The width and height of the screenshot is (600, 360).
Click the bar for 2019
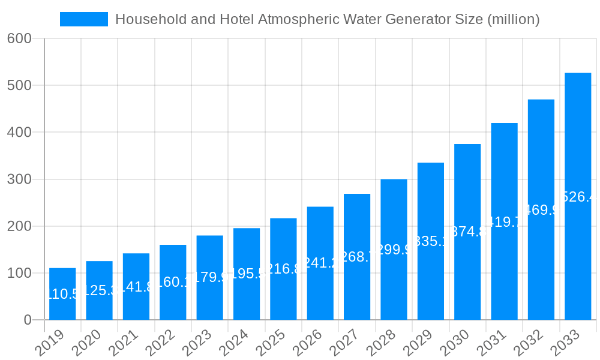(x=62, y=294)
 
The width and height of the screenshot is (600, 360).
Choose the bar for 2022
(x=173, y=282)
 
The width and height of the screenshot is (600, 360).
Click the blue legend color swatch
(x=84, y=19)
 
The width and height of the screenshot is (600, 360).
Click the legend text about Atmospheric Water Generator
(x=327, y=19)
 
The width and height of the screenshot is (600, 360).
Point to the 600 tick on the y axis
(x=19, y=38)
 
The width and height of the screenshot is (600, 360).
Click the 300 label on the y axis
(x=19, y=179)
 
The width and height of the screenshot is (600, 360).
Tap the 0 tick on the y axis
(x=28, y=320)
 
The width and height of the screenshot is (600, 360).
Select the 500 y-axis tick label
(x=19, y=85)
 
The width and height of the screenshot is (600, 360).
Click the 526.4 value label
(x=578, y=197)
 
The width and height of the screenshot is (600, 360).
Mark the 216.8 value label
(x=283, y=269)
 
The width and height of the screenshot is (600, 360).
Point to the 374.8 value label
(x=467, y=232)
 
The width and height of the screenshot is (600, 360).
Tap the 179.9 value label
(x=209, y=277)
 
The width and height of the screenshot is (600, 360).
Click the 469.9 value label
(x=541, y=210)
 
